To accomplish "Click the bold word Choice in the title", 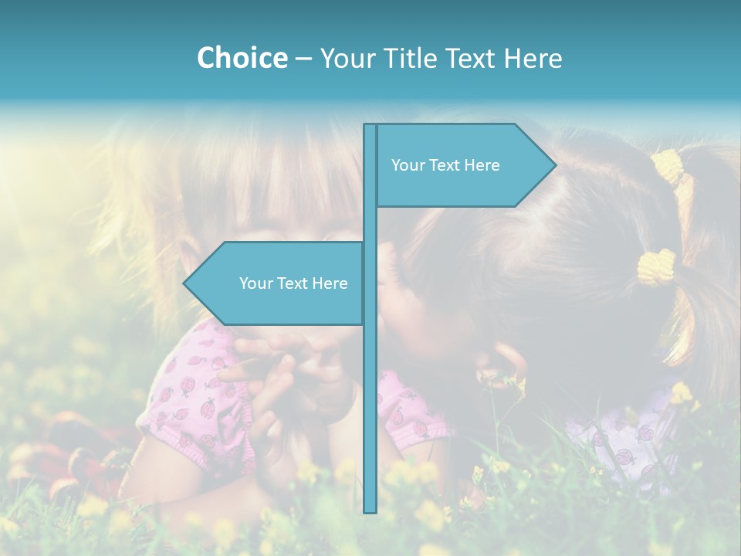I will pos(242,58).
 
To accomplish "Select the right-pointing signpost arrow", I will pos(463,165).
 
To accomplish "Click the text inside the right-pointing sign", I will pos(445,165).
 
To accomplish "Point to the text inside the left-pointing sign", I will pos(293,283).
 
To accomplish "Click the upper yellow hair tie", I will pos(668,165).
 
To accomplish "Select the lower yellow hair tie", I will pos(655,268).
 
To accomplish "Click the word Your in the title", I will pos(345,58).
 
